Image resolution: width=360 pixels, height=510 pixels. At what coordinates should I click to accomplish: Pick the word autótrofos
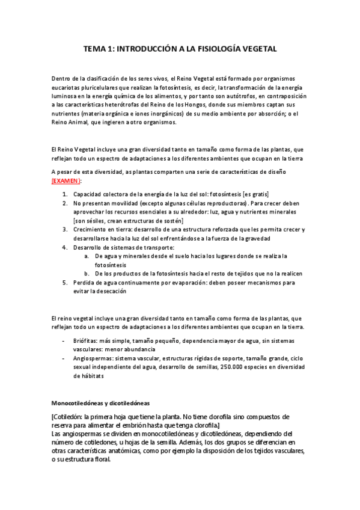pos(237,96)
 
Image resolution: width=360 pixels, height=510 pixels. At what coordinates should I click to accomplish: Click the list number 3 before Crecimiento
pos(66,230)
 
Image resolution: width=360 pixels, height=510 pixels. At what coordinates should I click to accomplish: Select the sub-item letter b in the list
pos(87,273)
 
